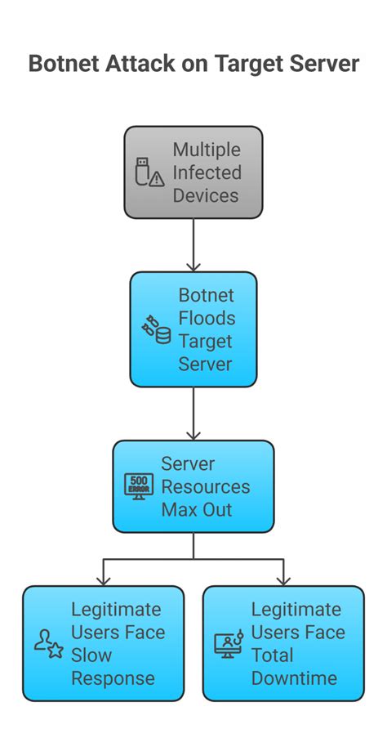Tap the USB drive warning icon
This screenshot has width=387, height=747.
click(x=149, y=173)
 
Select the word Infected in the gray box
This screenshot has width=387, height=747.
click(x=207, y=173)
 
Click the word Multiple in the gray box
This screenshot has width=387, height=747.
click(x=207, y=150)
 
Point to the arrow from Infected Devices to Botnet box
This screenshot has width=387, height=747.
click(x=193, y=245)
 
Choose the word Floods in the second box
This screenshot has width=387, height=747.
click(x=207, y=319)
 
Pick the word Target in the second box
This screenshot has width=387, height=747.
click(x=206, y=342)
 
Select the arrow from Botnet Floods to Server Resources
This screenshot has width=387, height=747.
click(x=193, y=414)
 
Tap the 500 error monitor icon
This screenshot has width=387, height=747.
click(x=138, y=486)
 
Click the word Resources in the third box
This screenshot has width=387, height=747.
click(x=206, y=487)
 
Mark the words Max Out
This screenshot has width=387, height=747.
click(x=197, y=510)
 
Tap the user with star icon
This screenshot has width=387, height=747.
click(x=48, y=643)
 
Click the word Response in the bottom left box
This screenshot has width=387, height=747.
click(x=113, y=678)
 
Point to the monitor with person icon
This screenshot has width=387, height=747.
click(x=228, y=643)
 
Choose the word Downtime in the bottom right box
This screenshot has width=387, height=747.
click(x=294, y=678)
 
